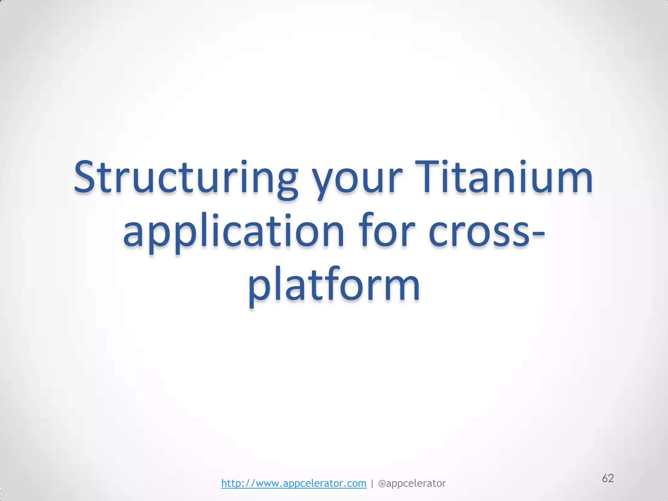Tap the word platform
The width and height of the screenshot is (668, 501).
point(334,285)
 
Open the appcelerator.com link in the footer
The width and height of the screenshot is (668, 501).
point(294,483)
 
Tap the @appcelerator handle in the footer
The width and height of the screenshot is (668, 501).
point(412,483)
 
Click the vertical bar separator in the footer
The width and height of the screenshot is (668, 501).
point(372,483)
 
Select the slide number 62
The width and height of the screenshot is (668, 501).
point(608,478)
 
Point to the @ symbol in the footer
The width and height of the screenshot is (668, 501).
point(382,483)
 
